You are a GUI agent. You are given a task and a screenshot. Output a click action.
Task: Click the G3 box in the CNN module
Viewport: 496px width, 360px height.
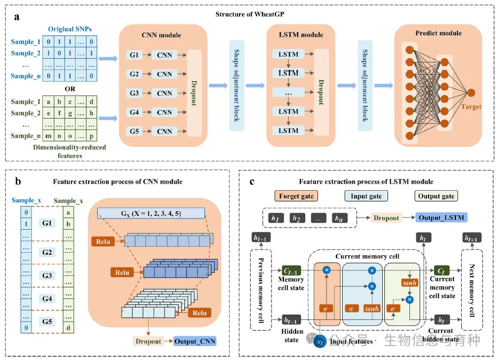click(134, 93)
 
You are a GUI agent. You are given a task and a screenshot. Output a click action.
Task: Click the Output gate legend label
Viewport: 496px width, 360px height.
click(436, 196)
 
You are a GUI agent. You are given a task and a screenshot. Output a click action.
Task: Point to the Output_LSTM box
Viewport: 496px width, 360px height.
click(441, 217)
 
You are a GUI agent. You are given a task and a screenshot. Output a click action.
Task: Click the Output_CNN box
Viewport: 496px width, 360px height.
click(196, 340)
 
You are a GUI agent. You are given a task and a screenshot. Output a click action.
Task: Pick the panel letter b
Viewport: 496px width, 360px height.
click(18, 182)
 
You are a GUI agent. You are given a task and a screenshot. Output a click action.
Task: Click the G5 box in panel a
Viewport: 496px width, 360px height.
click(134, 131)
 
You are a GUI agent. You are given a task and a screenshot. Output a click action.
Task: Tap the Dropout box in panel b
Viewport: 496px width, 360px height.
click(146, 340)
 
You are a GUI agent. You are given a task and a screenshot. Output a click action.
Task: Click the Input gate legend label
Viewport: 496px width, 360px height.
click(366, 196)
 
